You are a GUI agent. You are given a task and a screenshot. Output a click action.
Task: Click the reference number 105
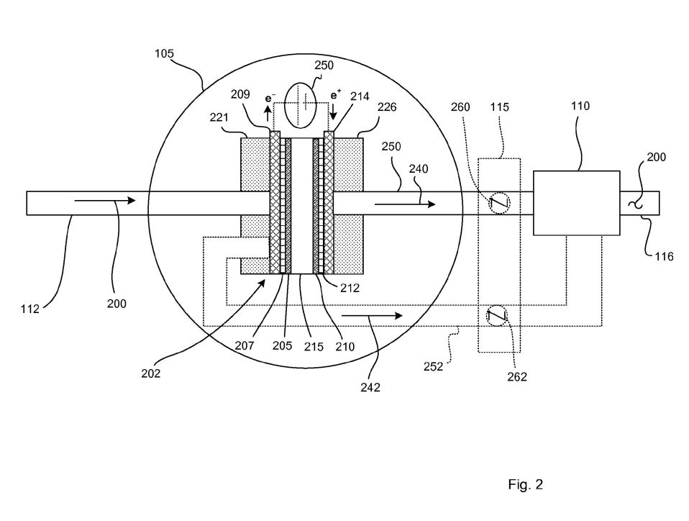pos(165,54)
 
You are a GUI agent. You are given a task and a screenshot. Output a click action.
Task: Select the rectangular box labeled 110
pos(577,203)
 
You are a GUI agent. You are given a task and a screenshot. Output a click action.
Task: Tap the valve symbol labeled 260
pos(500,203)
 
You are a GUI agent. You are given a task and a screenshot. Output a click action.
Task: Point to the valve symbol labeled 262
pos(496,316)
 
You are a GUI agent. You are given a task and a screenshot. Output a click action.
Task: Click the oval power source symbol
pos(301,106)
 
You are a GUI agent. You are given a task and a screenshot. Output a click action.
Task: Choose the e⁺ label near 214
pos(336,95)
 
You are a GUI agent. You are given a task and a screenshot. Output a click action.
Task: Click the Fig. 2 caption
pos(526,484)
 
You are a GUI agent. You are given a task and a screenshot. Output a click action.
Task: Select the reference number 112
pos(30,309)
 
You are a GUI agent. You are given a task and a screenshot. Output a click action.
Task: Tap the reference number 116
pos(664,256)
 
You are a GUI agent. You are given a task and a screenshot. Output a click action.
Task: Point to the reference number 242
pos(370,387)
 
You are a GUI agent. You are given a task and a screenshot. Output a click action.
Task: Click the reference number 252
pos(433,367)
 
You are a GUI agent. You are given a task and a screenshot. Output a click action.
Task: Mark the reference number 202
pos(151,373)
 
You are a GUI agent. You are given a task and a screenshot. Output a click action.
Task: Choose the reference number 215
pos(314,347)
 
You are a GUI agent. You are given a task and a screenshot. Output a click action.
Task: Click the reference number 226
pos(387,107)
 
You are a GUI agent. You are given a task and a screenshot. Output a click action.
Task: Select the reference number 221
pos(219,117)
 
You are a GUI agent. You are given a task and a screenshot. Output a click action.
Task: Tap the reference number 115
pos(500,107)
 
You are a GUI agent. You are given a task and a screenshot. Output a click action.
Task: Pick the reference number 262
pos(516,377)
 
